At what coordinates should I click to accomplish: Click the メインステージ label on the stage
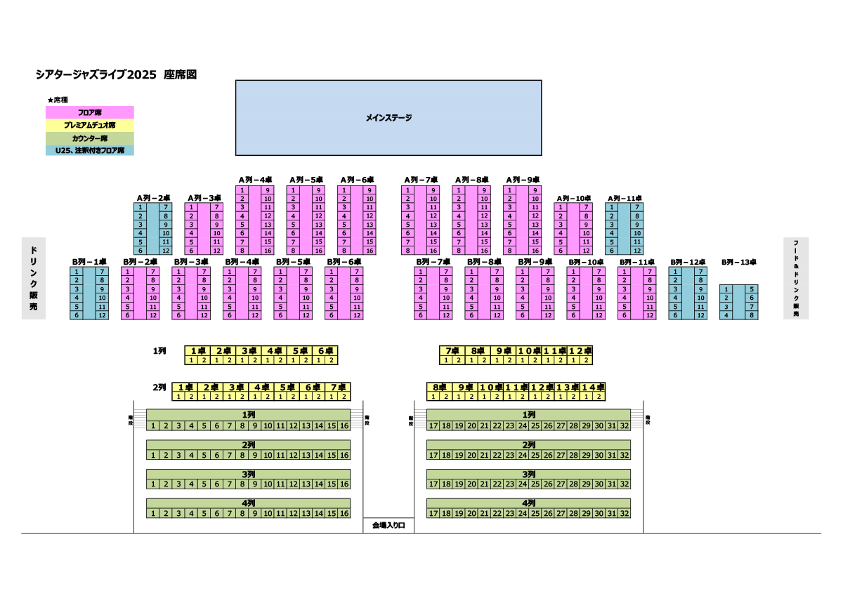coord(388,118)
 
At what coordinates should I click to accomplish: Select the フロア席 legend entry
coord(89,112)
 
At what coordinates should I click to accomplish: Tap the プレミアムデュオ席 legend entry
coord(89,125)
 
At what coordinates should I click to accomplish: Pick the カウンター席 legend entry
coord(89,138)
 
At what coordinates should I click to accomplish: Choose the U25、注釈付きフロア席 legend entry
coord(89,150)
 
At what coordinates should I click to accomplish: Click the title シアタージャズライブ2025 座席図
coord(116,74)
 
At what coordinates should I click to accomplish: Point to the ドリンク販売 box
coord(33,278)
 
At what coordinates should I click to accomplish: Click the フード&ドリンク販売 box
coord(796,278)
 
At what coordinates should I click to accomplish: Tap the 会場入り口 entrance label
coord(388,525)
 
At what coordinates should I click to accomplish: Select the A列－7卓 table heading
coord(421,180)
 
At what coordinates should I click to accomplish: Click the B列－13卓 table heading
coord(738,262)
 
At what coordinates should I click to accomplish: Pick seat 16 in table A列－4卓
coord(268,250)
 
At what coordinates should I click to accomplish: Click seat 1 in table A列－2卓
coord(140,207)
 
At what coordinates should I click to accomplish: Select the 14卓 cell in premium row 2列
coord(592,387)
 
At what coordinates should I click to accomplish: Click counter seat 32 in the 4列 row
coord(625,514)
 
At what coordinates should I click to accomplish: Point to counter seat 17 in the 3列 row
coord(433,484)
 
